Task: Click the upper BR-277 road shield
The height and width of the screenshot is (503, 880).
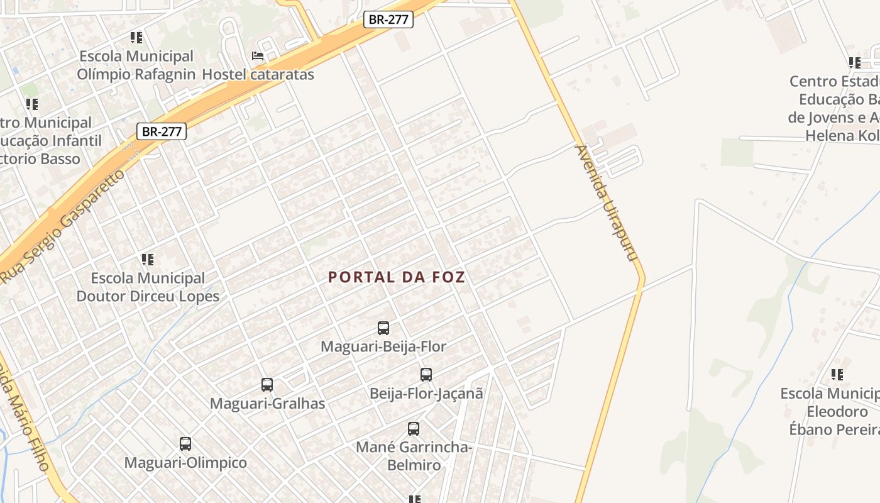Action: point(388,19)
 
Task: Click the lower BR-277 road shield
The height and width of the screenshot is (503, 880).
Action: point(162,131)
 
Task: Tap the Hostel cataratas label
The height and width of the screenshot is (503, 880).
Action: point(258,74)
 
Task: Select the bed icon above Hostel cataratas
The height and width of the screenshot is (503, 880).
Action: point(258,56)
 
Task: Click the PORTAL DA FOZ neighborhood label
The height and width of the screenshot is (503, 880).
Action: point(397,277)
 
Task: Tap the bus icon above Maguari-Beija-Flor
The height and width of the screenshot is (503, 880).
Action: point(383,328)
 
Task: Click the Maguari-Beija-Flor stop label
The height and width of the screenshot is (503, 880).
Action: point(383,346)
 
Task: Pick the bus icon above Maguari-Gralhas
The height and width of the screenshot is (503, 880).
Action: point(267,385)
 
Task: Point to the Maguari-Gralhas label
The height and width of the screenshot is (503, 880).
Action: point(267,404)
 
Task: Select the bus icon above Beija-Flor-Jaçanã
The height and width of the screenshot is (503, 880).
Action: point(426,375)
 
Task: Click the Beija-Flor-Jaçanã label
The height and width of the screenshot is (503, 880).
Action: point(426,394)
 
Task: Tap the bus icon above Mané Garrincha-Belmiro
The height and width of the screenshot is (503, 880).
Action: point(414,429)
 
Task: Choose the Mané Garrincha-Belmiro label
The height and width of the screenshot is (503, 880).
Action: point(414,456)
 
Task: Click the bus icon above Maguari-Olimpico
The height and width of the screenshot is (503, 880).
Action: point(185,444)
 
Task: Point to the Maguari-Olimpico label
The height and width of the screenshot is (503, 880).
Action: point(185,463)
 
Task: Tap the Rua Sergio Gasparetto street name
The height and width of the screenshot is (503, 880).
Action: point(63,225)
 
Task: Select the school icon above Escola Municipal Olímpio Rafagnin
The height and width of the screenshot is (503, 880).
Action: point(136,38)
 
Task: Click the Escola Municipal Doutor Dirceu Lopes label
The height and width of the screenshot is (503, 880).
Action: point(148,287)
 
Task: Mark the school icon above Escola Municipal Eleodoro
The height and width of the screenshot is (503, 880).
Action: point(837,375)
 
